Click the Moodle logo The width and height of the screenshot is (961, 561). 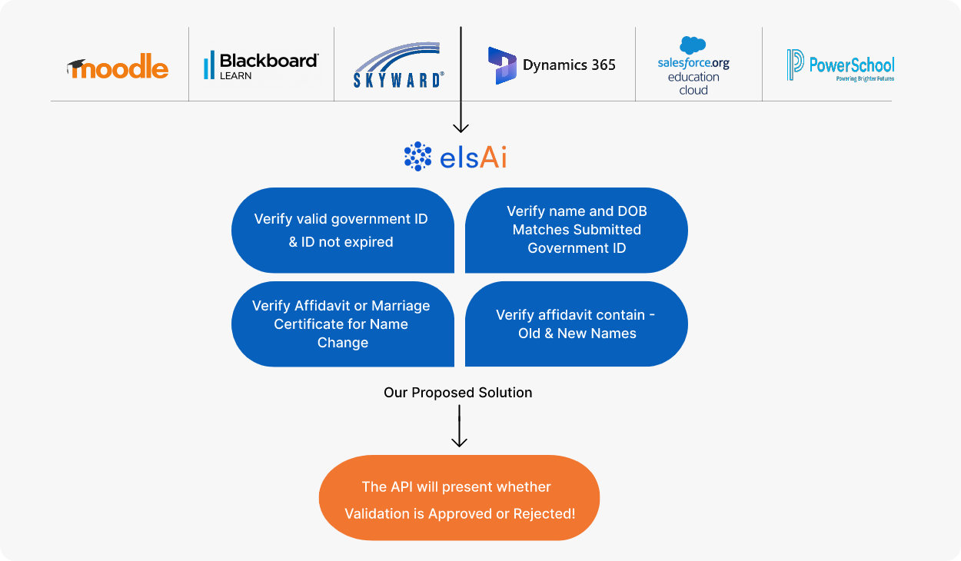tap(118, 66)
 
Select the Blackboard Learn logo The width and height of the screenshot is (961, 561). tap(261, 65)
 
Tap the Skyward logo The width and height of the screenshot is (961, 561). tap(398, 65)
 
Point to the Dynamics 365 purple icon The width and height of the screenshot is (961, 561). tap(502, 65)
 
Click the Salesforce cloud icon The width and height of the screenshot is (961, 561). tap(693, 45)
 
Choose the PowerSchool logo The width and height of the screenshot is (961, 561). tap(840, 65)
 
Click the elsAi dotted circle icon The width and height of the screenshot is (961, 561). tap(418, 156)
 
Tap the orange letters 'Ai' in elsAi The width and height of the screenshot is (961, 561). tap(493, 157)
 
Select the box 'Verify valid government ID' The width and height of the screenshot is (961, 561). tap(343, 230)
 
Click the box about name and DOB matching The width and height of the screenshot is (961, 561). tap(576, 230)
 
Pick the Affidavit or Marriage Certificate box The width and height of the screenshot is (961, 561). tap(343, 324)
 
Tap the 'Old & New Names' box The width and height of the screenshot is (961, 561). tap(576, 324)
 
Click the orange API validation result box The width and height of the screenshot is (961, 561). tap(459, 497)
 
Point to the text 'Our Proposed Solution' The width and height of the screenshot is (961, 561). tap(457, 393)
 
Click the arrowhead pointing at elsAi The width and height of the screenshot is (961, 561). tap(461, 128)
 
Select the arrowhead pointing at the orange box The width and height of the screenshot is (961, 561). tap(459, 443)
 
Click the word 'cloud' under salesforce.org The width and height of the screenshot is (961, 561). tap(693, 90)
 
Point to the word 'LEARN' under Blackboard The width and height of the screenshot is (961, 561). tap(235, 76)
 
